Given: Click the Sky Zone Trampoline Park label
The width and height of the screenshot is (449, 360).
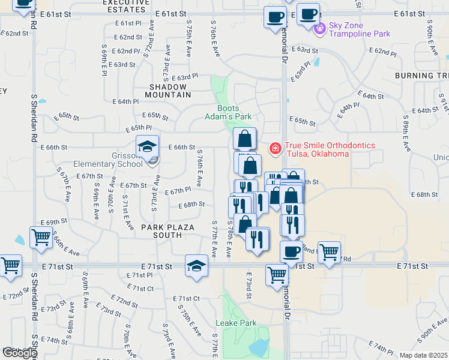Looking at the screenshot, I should (359, 34).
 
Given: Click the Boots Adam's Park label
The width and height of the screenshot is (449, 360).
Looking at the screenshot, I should (234, 112).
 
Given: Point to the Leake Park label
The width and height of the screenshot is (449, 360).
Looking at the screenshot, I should (236, 323).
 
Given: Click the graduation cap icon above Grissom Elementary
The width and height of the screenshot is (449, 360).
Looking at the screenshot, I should (146, 146).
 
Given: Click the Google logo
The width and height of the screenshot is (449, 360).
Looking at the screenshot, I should (20, 353).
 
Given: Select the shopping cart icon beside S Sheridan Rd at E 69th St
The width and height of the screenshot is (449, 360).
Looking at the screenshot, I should (40, 236).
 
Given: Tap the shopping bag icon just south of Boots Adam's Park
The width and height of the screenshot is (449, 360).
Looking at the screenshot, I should (244, 139).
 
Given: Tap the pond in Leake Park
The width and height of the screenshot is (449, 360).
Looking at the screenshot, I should (259, 346).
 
